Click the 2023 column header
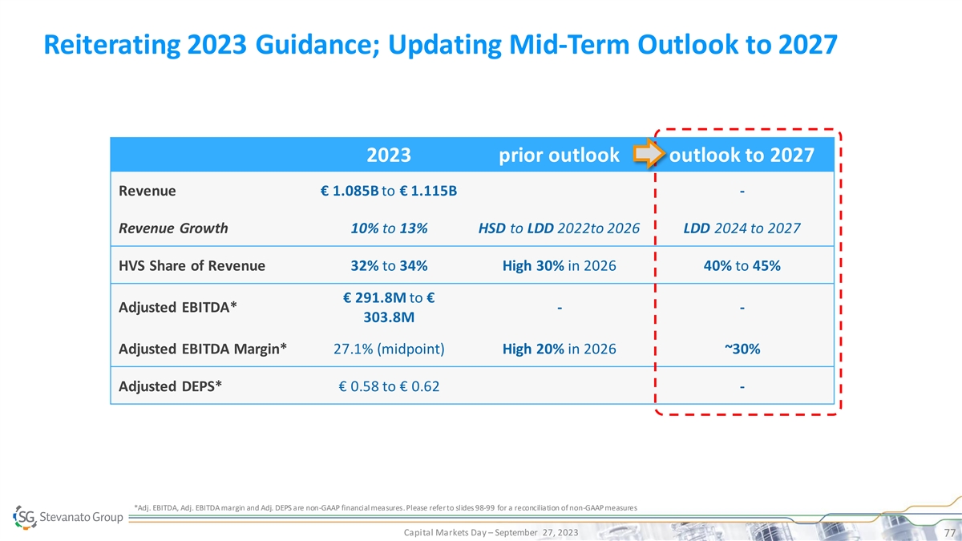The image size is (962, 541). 389,155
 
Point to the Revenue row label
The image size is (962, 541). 148,192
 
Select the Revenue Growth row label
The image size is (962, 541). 173,228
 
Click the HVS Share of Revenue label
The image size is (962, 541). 192,266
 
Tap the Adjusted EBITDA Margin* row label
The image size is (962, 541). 203,349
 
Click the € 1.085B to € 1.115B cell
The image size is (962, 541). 389,192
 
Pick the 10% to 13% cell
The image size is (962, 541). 389,228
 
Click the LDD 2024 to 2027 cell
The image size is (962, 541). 742,228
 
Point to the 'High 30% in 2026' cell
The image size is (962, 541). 559,266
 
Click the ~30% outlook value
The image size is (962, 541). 742,349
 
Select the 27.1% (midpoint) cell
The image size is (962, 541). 389,349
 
